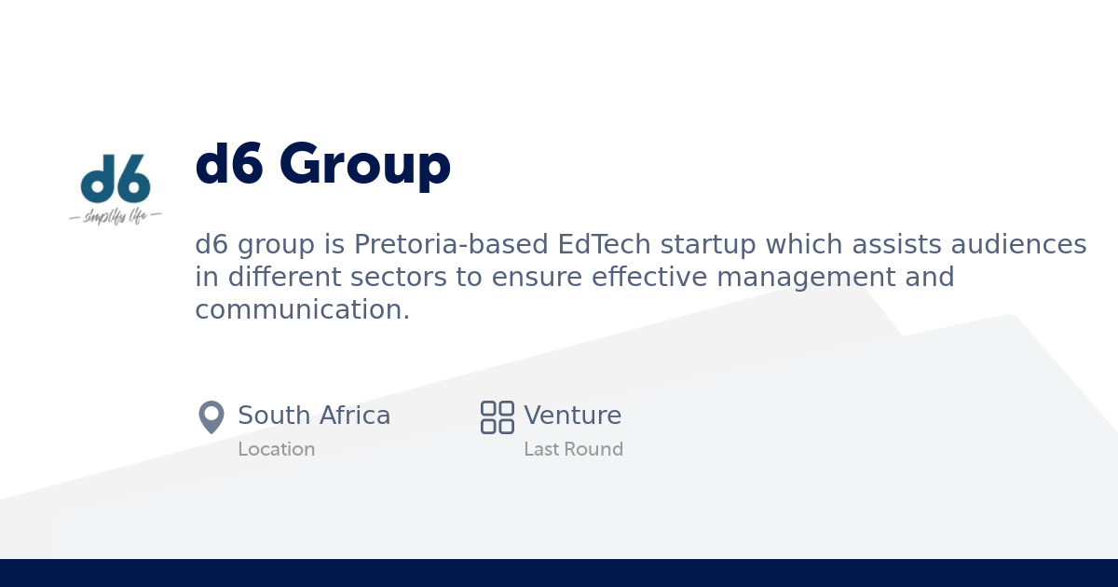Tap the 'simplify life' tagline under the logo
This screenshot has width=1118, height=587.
[x=116, y=217]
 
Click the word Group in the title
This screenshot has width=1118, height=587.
[x=364, y=164]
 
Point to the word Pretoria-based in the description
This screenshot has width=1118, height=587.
[x=451, y=245]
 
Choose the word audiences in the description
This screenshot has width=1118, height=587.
[x=1018, y=245]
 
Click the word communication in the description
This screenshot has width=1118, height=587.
[x=302, y=310]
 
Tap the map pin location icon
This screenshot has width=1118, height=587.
[x=211, y=416]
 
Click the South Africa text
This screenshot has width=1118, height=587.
[x=314, y=416]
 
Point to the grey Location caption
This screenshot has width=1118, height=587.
[x=276, y=449]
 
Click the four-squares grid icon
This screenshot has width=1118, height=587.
[x=498, y=416]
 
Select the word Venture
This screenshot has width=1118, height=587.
[x=572, y=416]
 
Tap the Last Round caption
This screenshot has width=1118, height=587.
[x=573, y=449]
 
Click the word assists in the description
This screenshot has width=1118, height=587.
[x=899, y=245]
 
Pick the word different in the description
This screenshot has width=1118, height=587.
[x=270, y=278]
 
